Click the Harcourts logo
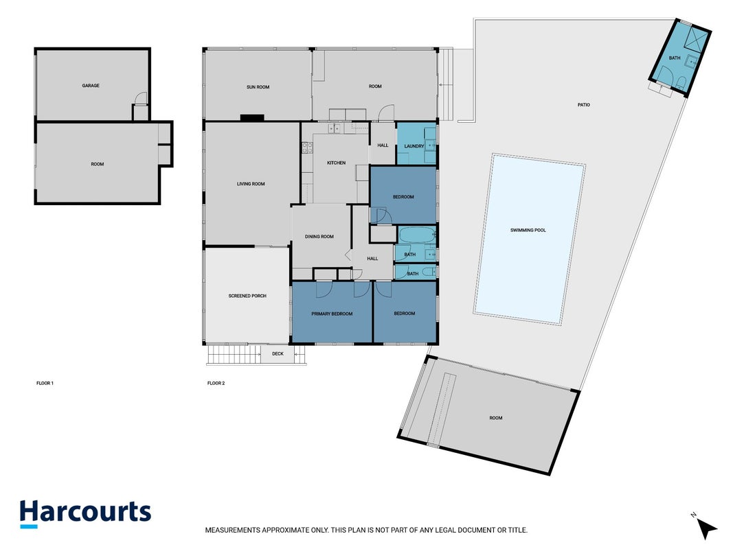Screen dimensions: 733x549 coord(86,513)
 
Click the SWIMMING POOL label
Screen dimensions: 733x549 coord(528,230)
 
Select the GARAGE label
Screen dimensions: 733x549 coord(91,85)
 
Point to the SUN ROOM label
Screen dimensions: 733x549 coord(258,87)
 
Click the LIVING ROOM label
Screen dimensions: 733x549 coord(251,184)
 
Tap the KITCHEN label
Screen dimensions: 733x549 coord(336,163)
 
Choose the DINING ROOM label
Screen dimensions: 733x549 coord(319,237)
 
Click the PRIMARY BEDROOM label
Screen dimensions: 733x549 coord(332,314)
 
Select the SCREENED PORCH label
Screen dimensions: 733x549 coord(247,296)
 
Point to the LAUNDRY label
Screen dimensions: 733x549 coord(414,146)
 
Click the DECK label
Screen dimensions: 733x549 coord(278,354)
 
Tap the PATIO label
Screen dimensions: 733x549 coord(584,105)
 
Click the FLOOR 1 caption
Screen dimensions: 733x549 coord(45,384)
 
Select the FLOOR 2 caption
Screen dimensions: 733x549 coord(216,384)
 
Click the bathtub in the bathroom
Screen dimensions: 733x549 coord(418,235)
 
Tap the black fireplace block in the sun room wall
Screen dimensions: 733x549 coord(252,117)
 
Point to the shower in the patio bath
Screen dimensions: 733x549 coord(695,38)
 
